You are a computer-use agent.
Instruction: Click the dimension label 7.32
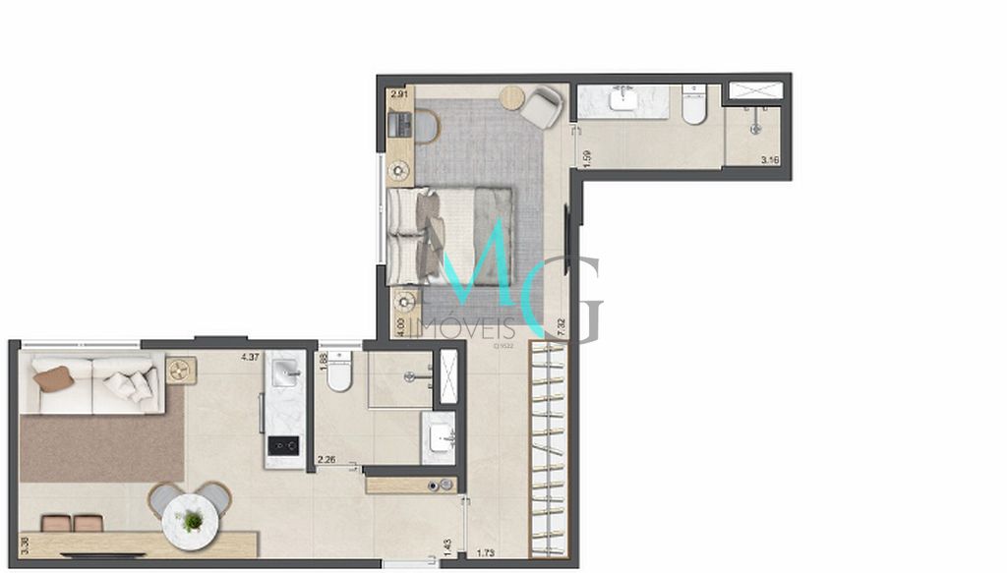[x=562, y=327]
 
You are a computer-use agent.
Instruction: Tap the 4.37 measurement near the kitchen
[x=250, y=357]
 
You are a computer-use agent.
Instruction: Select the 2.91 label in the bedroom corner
[x=399, y=94]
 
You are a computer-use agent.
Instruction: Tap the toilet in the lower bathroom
[x=339, y=372]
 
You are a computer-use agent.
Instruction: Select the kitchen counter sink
[x=285, y=372]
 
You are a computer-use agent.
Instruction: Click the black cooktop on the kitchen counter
[x=284, y=446]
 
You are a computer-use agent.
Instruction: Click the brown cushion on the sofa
[x=53, y=378]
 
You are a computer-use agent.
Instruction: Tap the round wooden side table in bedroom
[x=512, y=97]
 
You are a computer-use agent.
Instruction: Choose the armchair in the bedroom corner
[x=542, y=106]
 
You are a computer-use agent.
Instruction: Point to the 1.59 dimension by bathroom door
[x=587, y=158]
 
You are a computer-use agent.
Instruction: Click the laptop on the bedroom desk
[x=399, y=126]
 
